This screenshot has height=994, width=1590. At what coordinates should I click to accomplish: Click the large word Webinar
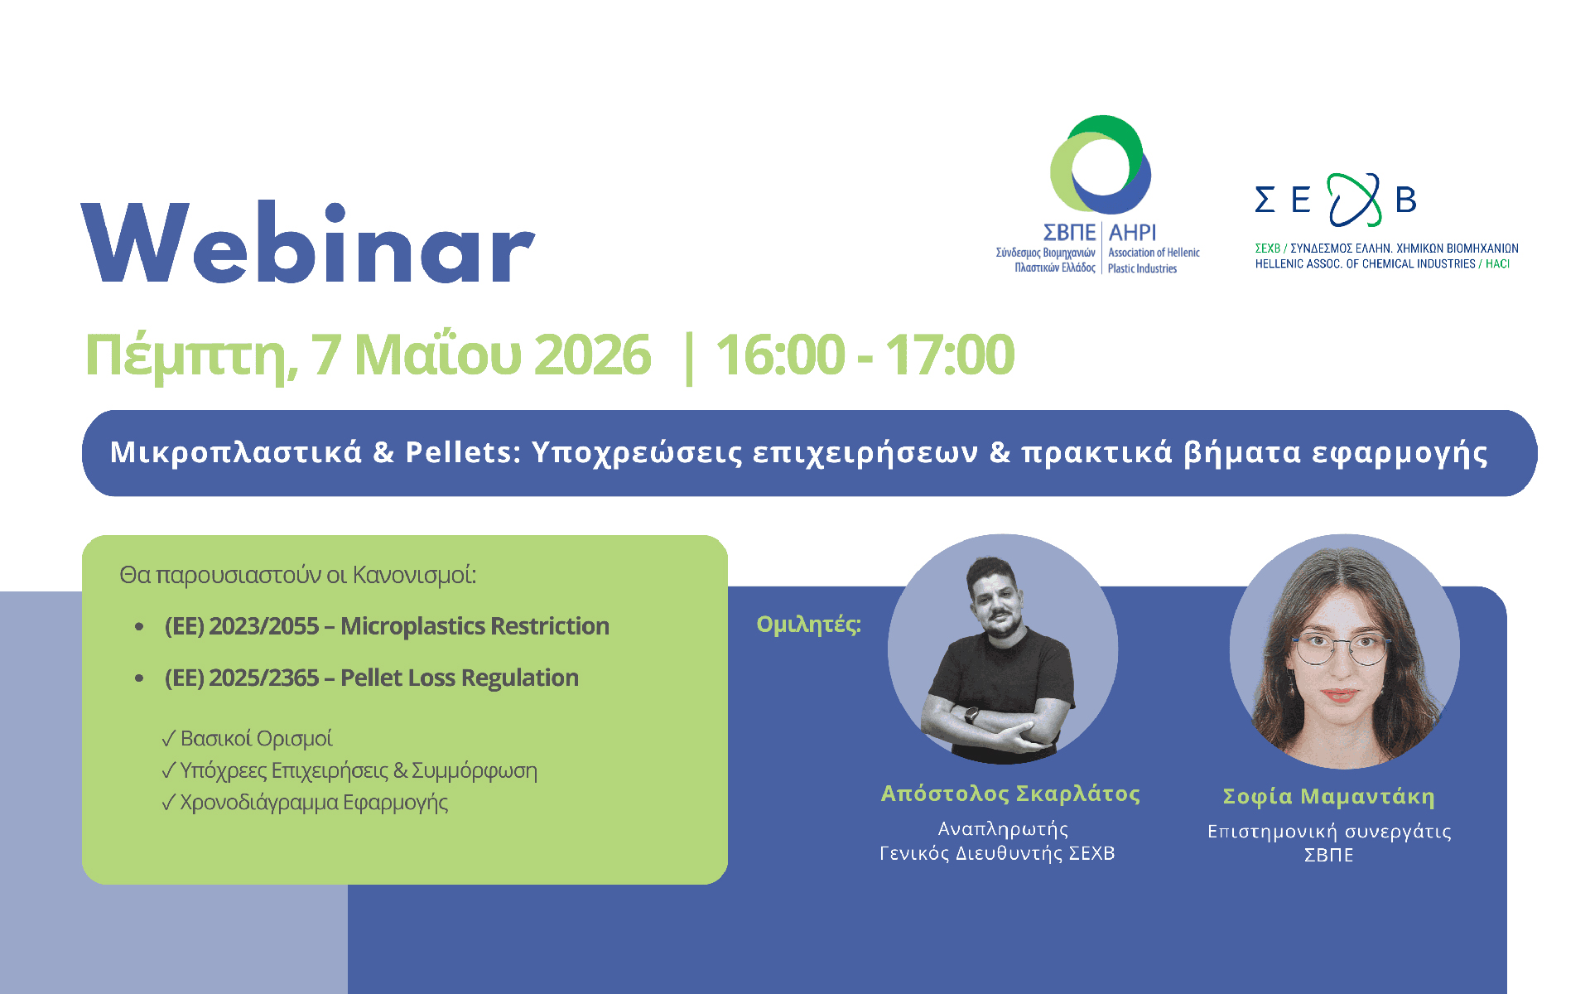[x=308, y=242]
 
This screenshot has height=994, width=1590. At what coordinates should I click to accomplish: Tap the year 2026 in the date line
[x=592, y=355]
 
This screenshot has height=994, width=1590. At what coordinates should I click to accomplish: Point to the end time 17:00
[x=951, y=355]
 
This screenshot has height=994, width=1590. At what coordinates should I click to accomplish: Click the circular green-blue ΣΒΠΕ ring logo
[x=1101, y=165]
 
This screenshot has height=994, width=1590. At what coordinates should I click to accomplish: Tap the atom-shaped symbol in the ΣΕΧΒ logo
[x=1355, y=200]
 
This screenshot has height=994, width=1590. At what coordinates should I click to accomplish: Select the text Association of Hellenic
[x=1154, y=253]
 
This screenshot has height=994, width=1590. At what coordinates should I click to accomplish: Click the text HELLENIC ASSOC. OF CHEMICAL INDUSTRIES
[x=1365, y=264]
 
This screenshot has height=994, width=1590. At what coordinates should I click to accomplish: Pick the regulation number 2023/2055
[x=263, y=626]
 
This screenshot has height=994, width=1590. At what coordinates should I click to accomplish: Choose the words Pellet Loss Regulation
[x=460, y=678]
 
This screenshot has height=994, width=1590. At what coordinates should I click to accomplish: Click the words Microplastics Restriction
[x=475, y=626]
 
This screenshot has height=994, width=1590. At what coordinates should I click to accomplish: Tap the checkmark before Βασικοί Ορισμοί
[x=169, y=738]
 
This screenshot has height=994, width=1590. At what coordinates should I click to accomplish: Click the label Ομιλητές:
[x=809, y=624]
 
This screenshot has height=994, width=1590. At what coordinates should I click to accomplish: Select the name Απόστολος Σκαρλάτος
[x=1010, y=794]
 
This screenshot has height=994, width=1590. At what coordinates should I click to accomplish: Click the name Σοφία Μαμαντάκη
[x=1329, y=796]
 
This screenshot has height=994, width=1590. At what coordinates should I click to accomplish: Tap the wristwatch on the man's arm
[x=971, y=714]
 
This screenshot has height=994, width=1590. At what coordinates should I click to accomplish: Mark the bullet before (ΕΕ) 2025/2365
[x=139, y=678]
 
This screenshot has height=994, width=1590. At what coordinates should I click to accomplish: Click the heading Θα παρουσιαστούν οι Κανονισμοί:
[x=298, y=575]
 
